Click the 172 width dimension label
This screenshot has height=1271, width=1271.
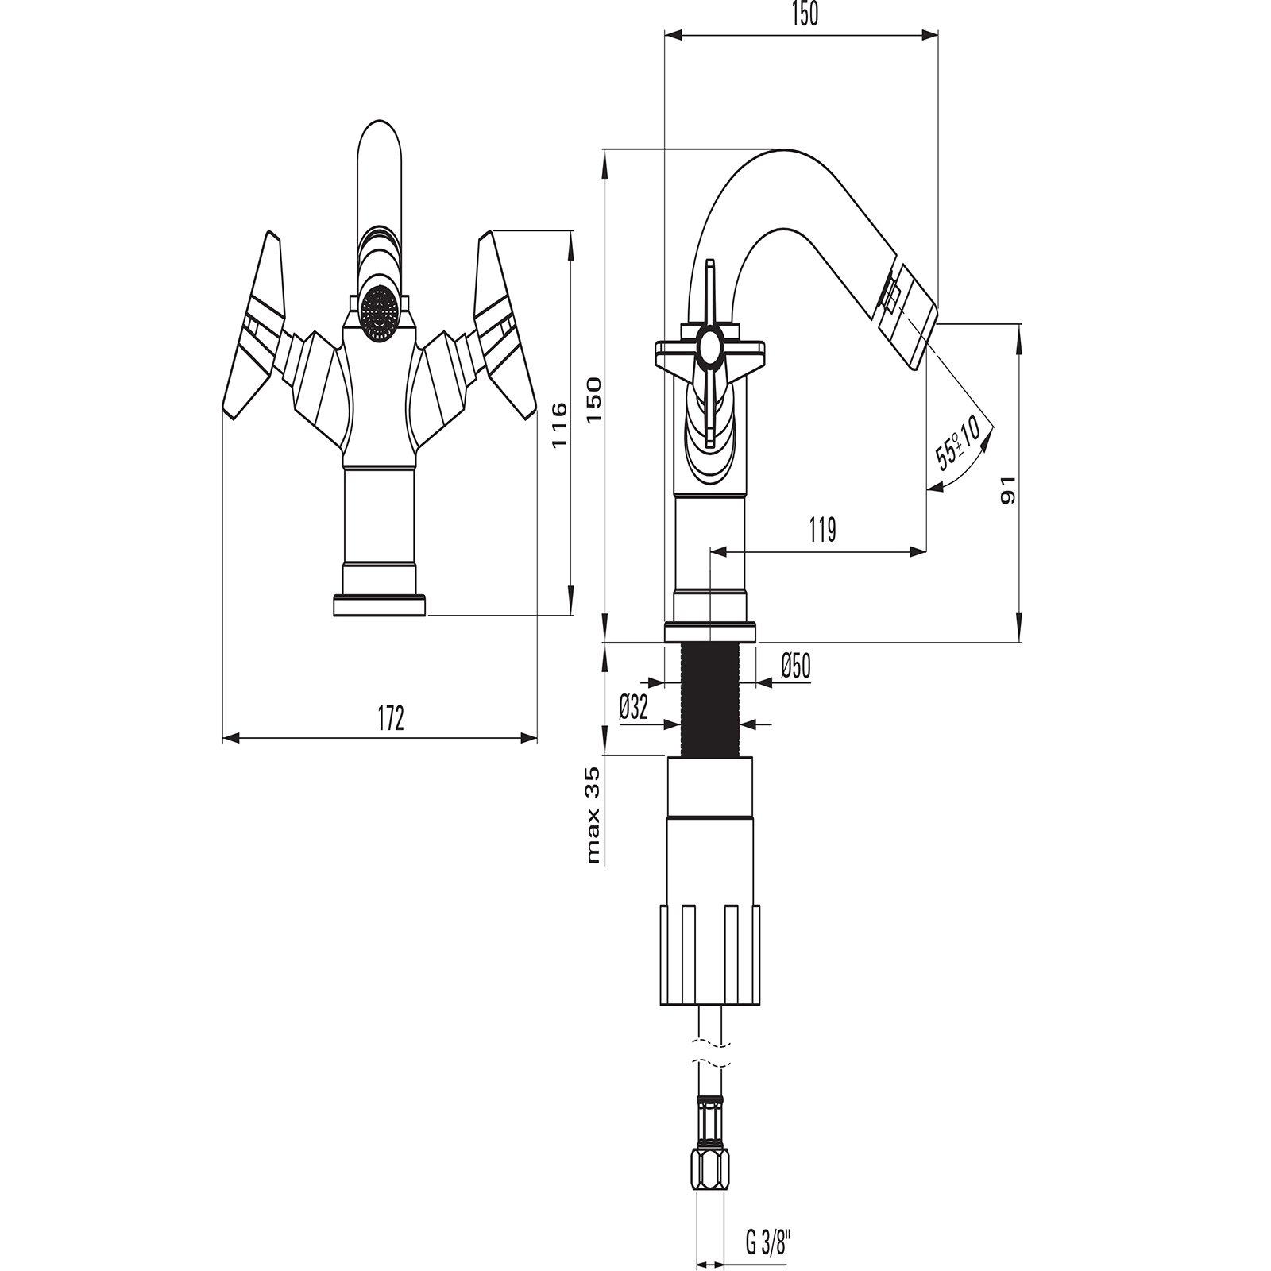coord(390,718)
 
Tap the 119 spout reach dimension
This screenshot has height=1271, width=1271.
coord(822,529)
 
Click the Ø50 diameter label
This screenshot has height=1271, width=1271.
coord(795,666)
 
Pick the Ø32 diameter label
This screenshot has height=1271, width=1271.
coord(634,705)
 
